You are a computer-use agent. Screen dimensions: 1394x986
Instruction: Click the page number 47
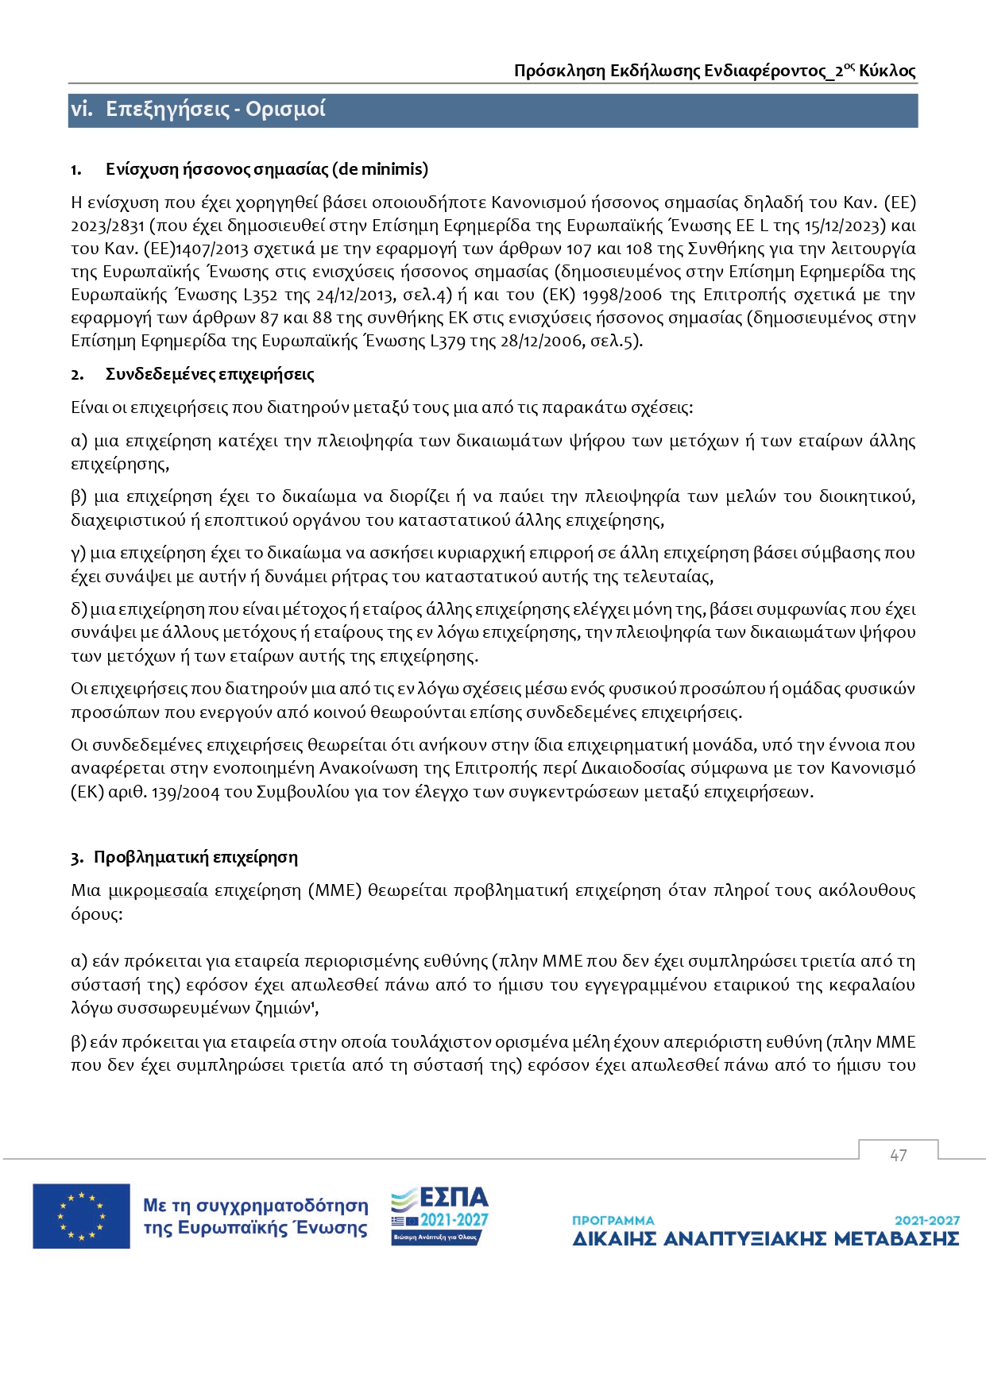click(x=898, y=1156)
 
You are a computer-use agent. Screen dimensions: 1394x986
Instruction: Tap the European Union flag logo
click(x=81, y=1216)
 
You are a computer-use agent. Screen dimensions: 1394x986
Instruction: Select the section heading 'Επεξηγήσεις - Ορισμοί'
click(x=215, y=110)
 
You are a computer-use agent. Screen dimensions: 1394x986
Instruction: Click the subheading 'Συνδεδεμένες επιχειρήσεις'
click(x=210, y=374)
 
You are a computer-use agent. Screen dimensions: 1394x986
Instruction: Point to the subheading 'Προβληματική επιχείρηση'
click(x=195, y=857)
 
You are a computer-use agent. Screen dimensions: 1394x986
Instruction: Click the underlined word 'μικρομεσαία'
click(x=158, y=890)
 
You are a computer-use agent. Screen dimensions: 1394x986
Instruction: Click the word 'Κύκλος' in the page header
click(x=887, y=71)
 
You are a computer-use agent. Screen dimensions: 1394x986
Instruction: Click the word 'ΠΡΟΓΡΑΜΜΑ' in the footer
click(x=613, y=1220)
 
